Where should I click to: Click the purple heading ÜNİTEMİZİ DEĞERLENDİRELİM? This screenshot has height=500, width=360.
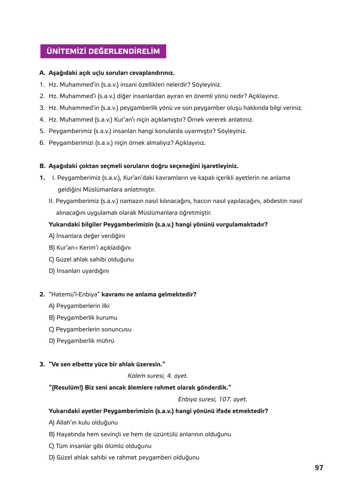(103, 51)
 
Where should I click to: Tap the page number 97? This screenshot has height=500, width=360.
(319, 468)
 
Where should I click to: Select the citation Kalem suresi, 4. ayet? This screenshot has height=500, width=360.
(158, 376)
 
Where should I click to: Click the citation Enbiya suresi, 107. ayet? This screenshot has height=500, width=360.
(212, 399)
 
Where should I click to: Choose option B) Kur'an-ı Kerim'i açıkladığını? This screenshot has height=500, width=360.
(90, 248)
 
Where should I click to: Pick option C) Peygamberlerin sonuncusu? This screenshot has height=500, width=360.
(90, 329)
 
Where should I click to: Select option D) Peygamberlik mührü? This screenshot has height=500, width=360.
(81, 341)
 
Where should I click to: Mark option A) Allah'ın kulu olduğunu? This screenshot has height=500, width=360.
(83, 423)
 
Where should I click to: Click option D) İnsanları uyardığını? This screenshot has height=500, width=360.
(79, 271)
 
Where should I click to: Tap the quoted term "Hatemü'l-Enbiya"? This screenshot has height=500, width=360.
(74, 294)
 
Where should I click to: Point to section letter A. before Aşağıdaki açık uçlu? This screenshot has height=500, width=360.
(42, 73)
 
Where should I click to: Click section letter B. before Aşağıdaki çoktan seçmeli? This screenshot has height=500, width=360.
(42, 166)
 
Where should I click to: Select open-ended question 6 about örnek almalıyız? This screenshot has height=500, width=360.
(127, 143)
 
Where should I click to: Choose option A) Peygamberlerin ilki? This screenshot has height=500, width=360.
(79, 306)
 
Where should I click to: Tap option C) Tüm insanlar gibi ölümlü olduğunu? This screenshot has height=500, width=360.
(100, 446)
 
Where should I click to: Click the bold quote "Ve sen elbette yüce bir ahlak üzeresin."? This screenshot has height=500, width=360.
(107, 364)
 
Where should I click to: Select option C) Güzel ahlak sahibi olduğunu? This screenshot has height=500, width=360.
(91, 260)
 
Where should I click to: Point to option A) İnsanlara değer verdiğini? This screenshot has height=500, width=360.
(87, 236)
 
